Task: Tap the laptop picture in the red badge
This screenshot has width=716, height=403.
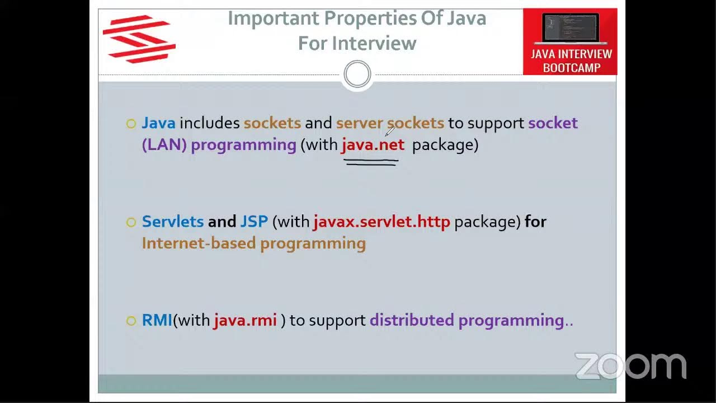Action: coord(571,28)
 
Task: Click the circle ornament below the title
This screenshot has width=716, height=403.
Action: coord(357,74)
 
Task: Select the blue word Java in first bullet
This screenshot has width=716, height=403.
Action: coord(158,123)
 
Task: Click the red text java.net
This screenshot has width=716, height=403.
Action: coord(373,144)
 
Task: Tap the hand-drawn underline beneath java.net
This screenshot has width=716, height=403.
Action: coord(371,163)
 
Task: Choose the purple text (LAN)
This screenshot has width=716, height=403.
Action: coord(164,144)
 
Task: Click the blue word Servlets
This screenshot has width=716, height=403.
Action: coord(172,222)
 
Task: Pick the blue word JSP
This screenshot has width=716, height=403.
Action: coord(254,222)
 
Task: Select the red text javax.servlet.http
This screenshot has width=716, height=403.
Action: coord(381,222)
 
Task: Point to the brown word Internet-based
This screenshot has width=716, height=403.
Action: coord(199,243)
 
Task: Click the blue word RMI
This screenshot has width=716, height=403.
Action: coord(157,320)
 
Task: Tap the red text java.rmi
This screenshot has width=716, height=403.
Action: coord(245,320)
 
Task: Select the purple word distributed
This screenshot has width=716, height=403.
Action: coord(412,320)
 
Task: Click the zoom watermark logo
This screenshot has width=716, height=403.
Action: coord(630,366)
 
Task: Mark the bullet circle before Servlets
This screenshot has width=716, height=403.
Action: coord(131,222)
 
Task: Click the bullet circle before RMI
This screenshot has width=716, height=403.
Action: coord(131,321)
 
